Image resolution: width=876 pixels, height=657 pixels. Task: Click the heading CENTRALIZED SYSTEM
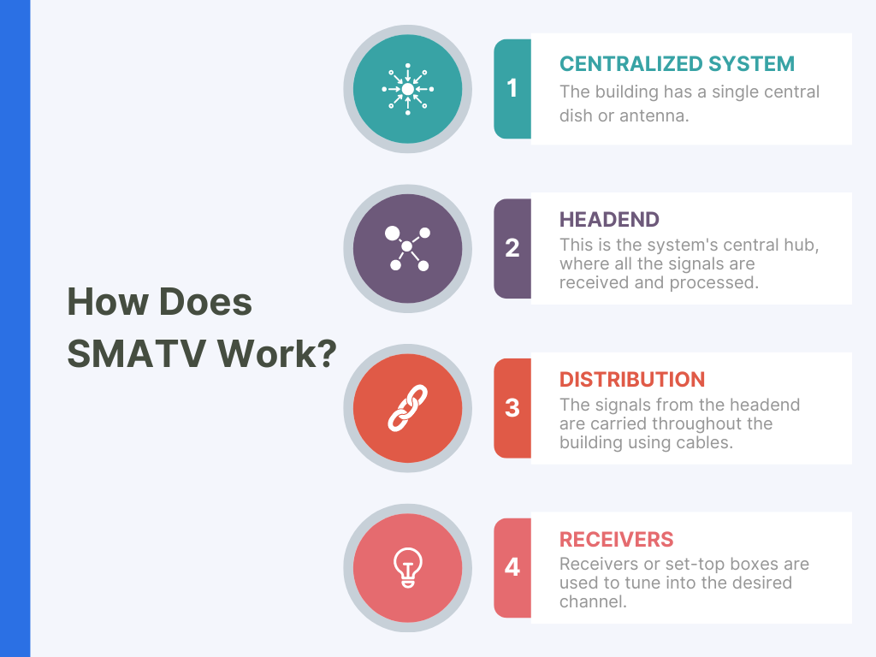[677, 63]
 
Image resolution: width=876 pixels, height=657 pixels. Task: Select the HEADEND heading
[609, 220]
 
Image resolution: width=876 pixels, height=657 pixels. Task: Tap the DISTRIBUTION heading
[632, 379]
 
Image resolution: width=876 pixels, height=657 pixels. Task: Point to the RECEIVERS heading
[616, 539]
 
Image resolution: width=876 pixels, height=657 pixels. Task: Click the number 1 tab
[512, 88]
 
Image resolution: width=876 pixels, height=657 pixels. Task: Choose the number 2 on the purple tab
[512, 248]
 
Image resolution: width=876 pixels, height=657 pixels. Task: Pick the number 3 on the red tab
[512, 408]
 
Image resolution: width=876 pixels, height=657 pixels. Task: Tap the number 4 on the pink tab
[512, 568]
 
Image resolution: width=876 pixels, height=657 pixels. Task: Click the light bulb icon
[408, 568]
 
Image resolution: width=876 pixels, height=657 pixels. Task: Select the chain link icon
[408, 408]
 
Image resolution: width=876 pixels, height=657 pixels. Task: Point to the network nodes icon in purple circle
[408, 249]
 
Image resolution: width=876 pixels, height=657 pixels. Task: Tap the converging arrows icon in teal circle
[408, 89]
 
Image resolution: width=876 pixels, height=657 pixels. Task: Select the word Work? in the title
[277, 353]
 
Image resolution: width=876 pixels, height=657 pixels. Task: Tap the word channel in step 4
[593, 601]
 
